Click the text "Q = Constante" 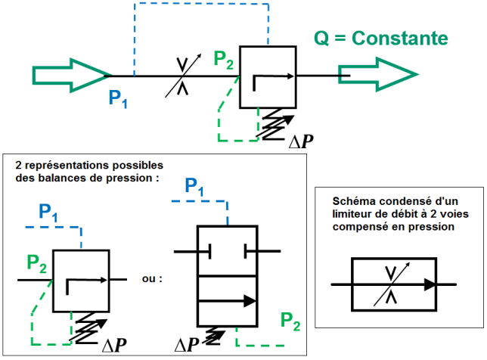pyautogui.click(x=382, y=39)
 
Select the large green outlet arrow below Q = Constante pyautogui.click(x=378, y=73)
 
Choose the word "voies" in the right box pyautogui.click(x=435, y=212)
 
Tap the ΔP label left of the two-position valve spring pyautogui.click(x=188, y=345)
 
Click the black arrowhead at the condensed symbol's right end pyautogui.click(x=430, y=284)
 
